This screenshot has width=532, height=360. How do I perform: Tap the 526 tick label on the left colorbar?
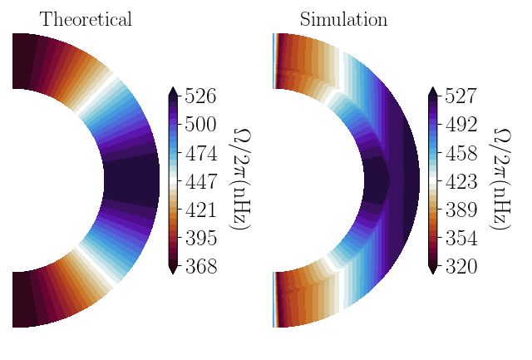200,96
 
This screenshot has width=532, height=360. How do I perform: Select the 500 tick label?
200,125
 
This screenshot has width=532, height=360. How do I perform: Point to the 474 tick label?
200,154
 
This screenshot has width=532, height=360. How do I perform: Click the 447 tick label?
200,182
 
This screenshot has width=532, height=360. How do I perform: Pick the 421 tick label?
200,210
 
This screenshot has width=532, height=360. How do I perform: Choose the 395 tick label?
200,239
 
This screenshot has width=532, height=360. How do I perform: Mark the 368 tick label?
200,267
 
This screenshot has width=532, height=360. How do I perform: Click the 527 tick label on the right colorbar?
460,96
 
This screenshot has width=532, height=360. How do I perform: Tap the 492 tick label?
460,125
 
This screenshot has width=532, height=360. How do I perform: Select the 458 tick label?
460,154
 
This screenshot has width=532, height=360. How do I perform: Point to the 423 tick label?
460,182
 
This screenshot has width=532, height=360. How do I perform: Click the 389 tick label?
460,210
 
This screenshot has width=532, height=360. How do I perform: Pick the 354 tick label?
460,239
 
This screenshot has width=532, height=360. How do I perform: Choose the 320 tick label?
460,267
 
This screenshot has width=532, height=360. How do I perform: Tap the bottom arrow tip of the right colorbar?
432,272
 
